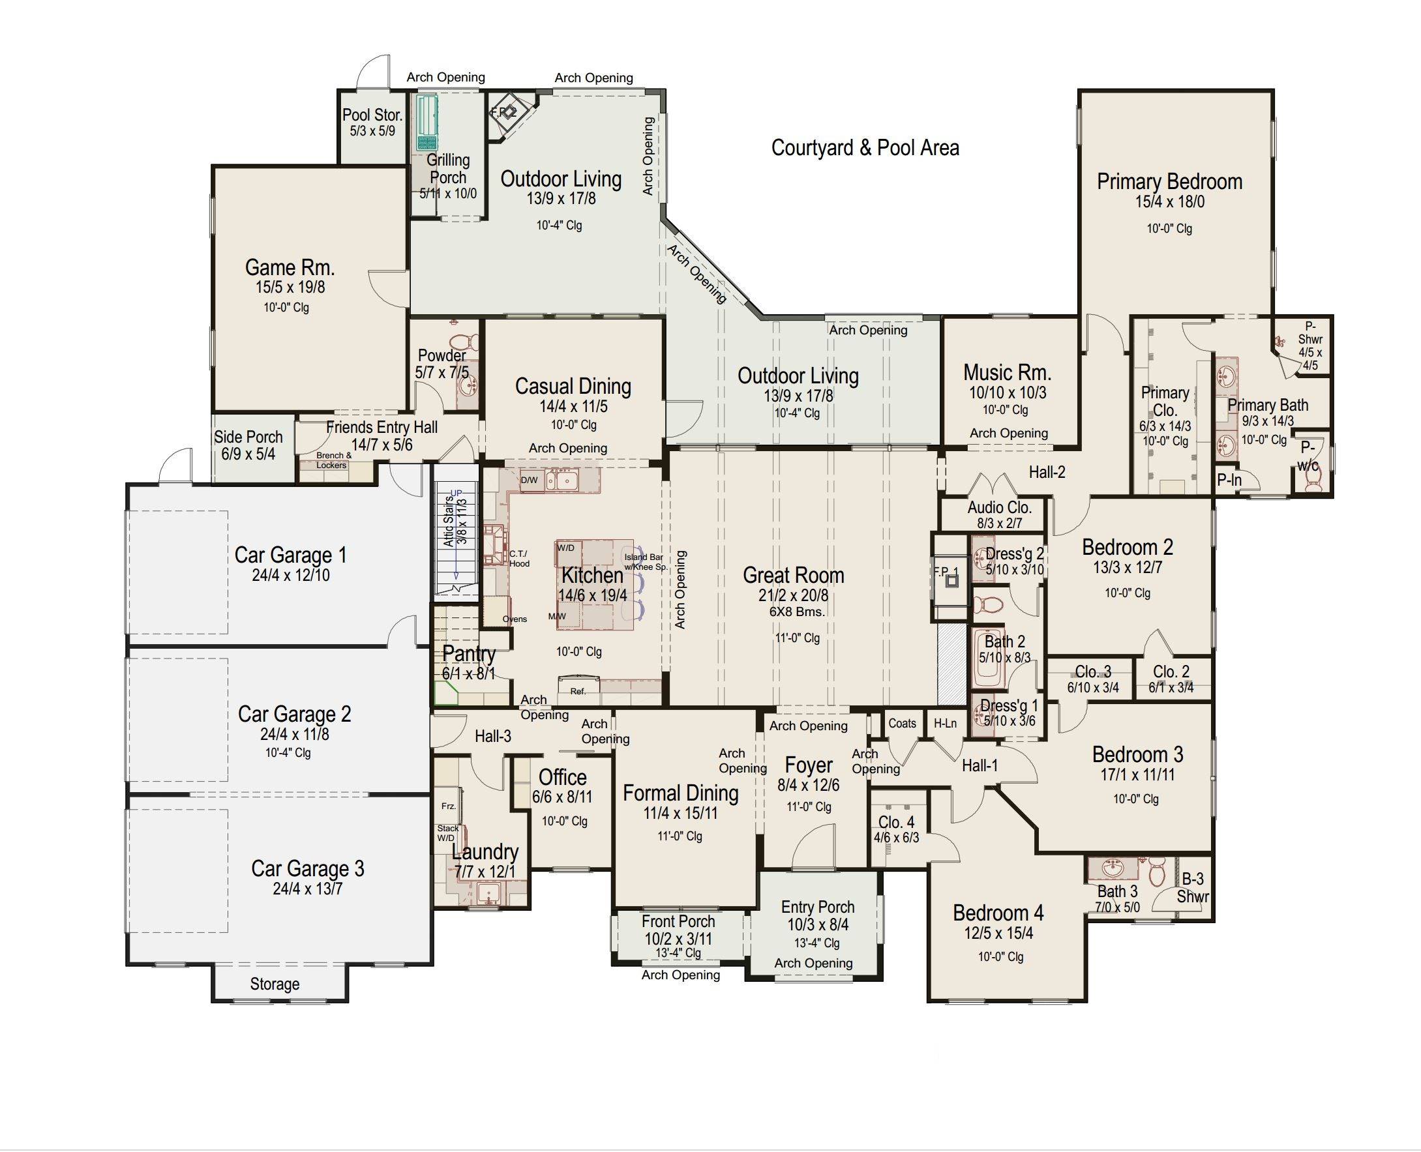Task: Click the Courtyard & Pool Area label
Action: pos(865,147)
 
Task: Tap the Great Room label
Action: pos(793,574)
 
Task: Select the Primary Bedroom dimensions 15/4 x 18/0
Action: pos(1169,201)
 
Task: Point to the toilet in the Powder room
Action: pos(470,342)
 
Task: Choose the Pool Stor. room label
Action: pos(372,115)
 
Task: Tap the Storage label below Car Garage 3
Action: pos(275,984)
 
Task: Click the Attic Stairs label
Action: pos(449,522)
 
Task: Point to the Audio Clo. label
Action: pos(1000,508)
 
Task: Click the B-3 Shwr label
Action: pos(1193,888)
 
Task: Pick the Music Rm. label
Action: pos(1007,372)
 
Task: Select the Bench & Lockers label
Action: pos(333,460)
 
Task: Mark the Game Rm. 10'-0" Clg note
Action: pos(286,308)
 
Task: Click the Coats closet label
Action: pos(902,723)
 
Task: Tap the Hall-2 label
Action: pos(1047,473)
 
